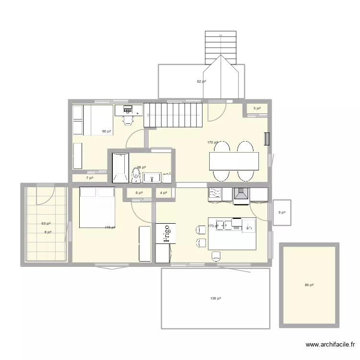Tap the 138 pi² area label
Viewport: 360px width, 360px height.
(x=216, y=298)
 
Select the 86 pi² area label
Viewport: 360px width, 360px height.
(x=309, y=285)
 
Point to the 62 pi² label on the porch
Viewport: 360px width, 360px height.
(x=201, y=82)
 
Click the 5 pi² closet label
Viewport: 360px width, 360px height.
(x=257, y=108)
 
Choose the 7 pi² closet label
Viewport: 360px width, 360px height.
(x=90, y=178)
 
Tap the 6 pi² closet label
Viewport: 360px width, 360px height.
(x=139, y=193)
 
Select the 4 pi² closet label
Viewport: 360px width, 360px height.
(x=163, y=193)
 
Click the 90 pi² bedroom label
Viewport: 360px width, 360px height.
(x=106, y=131)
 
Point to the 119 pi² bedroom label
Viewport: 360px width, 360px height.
(x=110, y=228)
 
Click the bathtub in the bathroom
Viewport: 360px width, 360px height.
(x=120, y=168)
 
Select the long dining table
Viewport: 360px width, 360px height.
(x=234, y=161)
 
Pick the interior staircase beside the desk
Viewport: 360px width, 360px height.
(x=173, y=115)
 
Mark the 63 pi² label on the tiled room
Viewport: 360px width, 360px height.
(x=46, y=224)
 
